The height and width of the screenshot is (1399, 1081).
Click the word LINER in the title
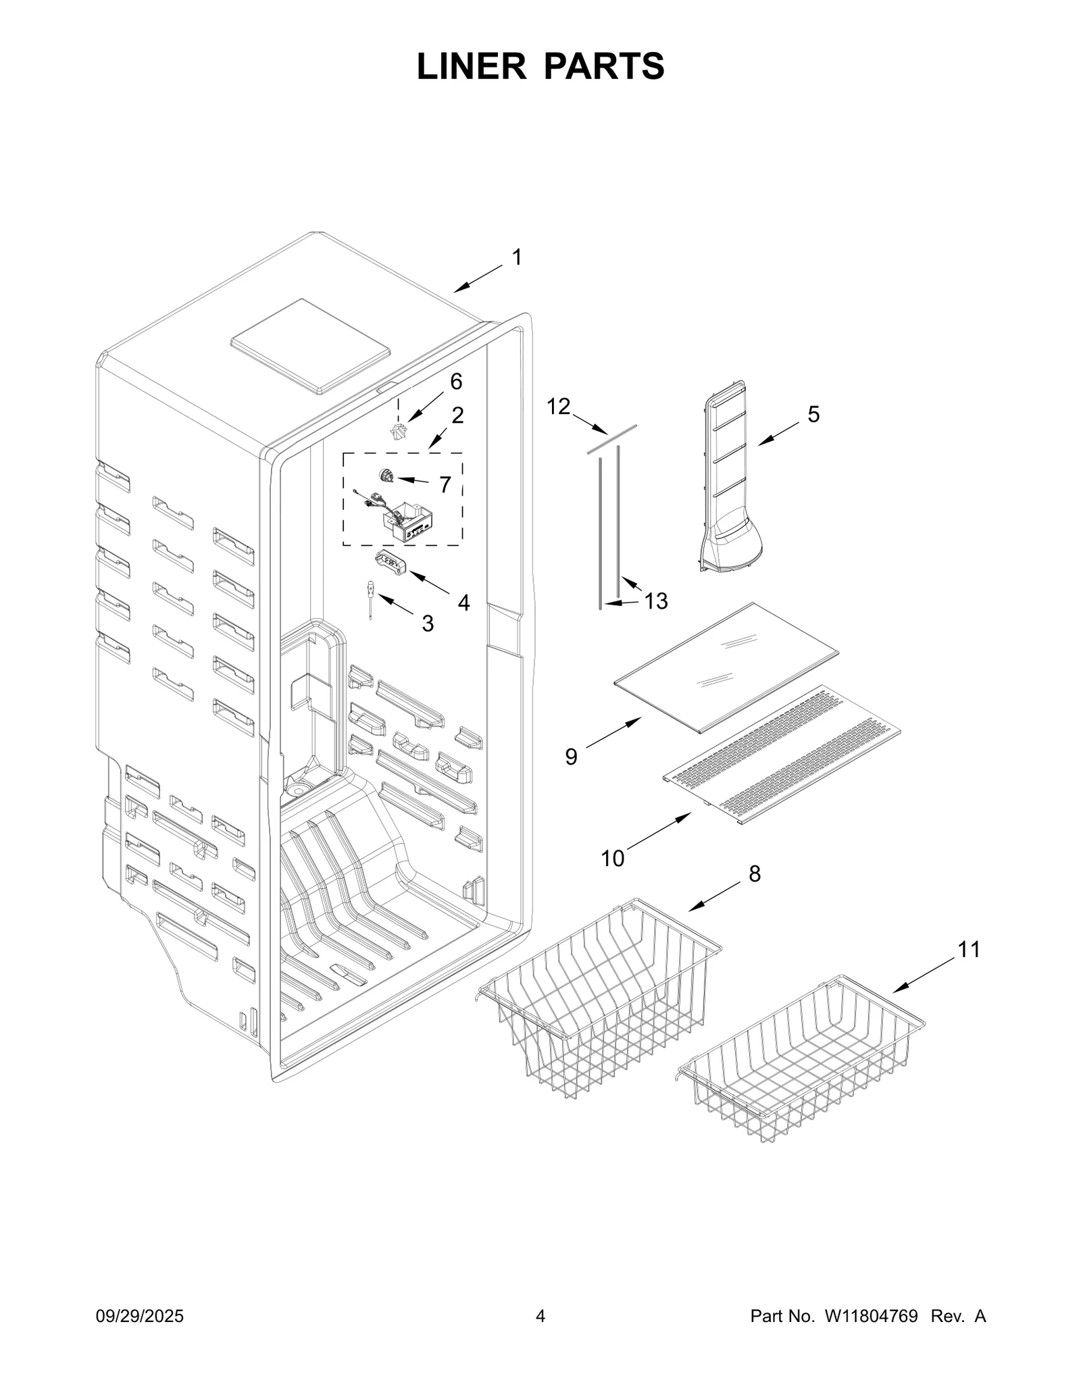point(471,67)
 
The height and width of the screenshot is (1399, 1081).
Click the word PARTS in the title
point(604,67)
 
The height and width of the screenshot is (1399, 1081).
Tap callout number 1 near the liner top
point(516,257)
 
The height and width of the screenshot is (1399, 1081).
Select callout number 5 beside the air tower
point(813,414)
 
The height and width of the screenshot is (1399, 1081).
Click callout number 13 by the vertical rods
point(655,600)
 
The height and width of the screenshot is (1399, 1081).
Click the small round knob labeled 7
point(386,477)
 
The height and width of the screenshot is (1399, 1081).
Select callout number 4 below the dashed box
point(463,603)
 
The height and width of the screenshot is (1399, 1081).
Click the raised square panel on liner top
point(311,346)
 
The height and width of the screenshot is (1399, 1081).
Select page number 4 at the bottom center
point(540,1335)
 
